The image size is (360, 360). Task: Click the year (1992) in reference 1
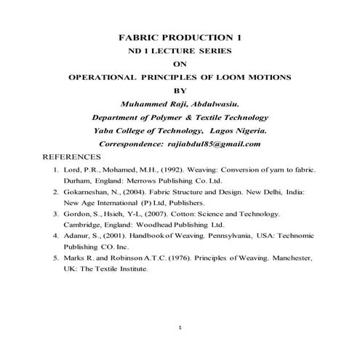154,169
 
